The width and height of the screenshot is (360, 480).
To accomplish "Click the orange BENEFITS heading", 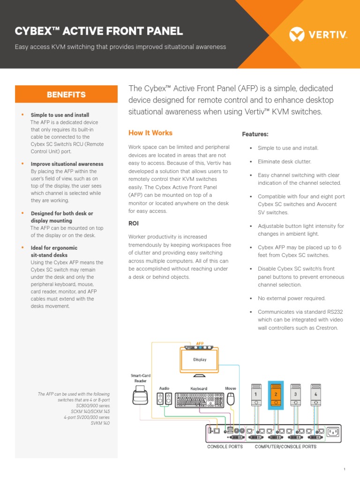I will point(66,95).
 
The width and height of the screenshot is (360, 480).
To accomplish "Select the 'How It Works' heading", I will point(150,133).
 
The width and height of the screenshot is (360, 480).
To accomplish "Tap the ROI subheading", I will point(134,224).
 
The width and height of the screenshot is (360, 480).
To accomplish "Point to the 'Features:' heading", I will point(255,134).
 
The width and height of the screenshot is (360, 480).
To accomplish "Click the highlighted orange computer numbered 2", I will point(276,395).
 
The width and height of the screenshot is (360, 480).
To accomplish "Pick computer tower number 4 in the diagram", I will point(315,395).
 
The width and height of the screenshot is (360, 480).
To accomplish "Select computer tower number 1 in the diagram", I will point(256,395).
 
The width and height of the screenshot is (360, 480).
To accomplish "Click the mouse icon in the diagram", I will point(230,399).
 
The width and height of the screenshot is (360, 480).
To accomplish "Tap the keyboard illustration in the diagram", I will point(199,399).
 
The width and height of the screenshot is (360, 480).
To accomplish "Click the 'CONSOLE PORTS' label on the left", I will point(225,447).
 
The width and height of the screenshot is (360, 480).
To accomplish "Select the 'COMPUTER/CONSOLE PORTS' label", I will point(285,447).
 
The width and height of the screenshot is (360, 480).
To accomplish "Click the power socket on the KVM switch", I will point(332,432).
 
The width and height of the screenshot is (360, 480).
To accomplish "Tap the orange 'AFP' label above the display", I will point(200,343).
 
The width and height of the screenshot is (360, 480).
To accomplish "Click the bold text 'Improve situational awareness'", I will point(67,164).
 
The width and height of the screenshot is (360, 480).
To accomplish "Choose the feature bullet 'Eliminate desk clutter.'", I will point(284,162).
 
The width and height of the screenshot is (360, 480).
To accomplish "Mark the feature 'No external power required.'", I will point(291,298).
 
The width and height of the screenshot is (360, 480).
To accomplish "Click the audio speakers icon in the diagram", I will point(164,399).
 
